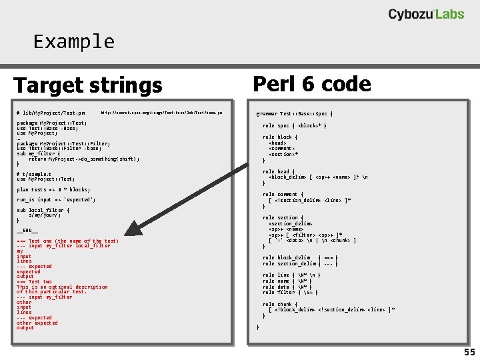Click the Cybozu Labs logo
426,14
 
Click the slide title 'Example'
74,41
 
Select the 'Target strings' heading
88,85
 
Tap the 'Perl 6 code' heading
312,84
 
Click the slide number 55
469,351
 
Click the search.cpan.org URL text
166,113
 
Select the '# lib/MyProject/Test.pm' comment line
51,113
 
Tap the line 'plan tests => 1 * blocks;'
53,189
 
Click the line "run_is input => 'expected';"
56,199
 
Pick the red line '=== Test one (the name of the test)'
67,241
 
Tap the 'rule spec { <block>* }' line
294,125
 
